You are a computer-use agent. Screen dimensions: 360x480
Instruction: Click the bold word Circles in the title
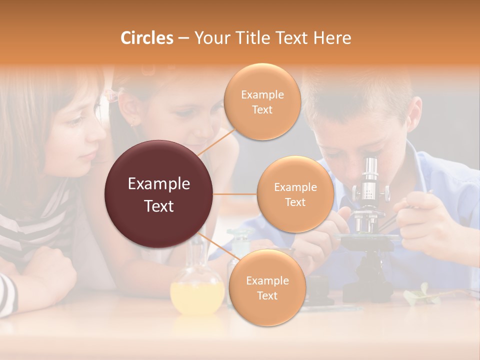(147, 38)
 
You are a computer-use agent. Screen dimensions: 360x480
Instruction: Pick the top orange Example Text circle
(262, 102)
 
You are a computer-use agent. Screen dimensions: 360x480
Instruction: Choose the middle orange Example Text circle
(295, 194)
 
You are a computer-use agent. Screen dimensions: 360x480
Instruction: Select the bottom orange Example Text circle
(267, 288)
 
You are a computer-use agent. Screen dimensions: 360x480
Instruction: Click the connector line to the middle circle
(235, 194)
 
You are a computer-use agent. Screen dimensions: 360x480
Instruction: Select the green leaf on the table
(420, 295)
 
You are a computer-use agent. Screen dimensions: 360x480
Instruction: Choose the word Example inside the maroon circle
(159, 184)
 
